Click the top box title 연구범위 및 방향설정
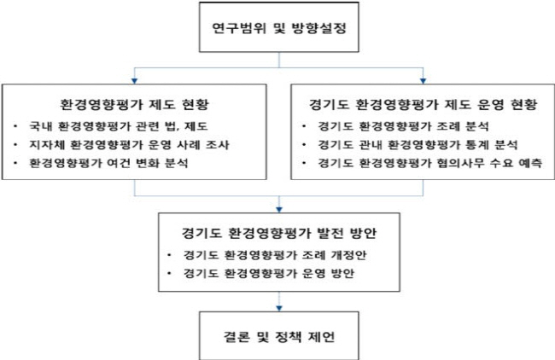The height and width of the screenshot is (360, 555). point(279,28)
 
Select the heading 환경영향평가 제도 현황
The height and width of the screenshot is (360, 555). point(135,104)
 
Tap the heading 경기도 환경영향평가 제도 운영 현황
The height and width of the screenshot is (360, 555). point(423,104)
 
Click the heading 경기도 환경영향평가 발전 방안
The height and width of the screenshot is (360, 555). point(279,233)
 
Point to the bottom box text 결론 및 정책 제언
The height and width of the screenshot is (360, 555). point(279,336)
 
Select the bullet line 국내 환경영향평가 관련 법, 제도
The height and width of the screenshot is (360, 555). point(119,126)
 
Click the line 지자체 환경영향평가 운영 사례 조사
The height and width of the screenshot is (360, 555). point(129,145)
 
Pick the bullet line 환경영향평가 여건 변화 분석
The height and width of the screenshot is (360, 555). point(108,163)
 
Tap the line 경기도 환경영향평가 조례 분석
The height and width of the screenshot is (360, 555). point(403,126)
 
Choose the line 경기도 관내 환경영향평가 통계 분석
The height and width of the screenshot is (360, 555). point(418,145)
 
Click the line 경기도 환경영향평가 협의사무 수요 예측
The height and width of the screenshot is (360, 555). point(429,163)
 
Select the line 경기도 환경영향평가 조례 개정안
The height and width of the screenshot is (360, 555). point(275,255)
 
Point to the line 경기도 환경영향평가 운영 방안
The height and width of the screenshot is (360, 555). point(269,273)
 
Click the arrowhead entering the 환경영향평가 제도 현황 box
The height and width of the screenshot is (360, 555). point(134,81)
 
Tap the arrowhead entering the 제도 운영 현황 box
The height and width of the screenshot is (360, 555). point(423,81)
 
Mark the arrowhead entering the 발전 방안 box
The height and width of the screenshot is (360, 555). point(279,210)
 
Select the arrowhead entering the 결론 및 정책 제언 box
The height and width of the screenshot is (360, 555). point(279,309)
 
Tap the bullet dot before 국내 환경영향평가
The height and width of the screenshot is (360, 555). point(15,126)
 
